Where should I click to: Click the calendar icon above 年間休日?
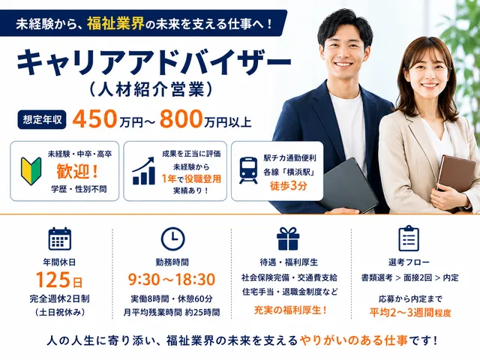(60, 238)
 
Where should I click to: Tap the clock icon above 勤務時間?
(172, 238)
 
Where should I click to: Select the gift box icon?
(288, 238)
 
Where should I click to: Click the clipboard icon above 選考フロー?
(409, 238)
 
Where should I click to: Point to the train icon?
(248, 170)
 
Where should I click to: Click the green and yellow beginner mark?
(31, 170)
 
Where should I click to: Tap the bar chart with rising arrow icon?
(143, 171)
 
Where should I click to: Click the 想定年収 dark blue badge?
(42, 119)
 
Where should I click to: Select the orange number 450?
(94, 118)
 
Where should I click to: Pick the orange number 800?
(181, 118)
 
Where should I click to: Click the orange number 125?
(53, 280)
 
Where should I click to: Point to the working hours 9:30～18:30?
(172, 280)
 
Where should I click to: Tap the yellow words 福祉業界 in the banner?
(115, 23)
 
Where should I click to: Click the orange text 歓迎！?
(78, 171)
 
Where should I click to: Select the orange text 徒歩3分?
(288, 185)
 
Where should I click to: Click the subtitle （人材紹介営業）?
(151, 89)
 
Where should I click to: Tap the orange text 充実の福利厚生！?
(290, 310)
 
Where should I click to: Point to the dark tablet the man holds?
(349, 185)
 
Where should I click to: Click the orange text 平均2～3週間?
(402, 313)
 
